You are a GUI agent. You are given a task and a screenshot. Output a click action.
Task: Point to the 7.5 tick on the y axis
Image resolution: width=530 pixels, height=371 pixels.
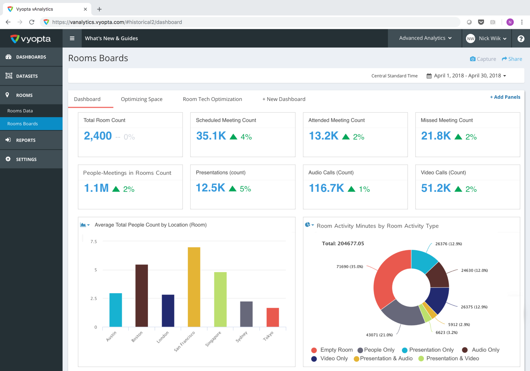coord(94,242)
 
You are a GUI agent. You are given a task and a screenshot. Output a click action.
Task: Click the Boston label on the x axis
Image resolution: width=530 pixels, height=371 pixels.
coord(137,337)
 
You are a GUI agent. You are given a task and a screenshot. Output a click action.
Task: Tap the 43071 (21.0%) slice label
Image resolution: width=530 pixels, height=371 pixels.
coord(379,335)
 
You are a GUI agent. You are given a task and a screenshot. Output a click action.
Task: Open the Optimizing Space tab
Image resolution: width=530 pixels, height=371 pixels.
coord(142,99)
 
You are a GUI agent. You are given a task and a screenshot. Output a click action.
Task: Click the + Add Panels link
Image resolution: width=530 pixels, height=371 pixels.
coord(505,97)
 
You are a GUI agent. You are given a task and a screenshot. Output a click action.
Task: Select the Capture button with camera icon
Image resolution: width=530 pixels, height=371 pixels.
coord(483,59)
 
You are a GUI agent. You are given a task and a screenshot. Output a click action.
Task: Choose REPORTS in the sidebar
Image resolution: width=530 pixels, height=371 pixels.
coord(26,140)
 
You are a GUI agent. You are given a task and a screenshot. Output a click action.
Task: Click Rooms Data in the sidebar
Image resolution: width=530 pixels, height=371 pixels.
coord(20,111)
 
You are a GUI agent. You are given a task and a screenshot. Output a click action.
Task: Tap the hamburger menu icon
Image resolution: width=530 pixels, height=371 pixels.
coord(72,38)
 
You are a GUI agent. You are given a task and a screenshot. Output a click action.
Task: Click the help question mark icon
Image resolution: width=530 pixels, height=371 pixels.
coord(521,39)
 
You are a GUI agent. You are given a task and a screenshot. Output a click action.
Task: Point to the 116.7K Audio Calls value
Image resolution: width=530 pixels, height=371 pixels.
coord(326,188)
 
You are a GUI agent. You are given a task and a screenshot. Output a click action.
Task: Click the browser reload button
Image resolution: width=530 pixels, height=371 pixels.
coord(32,22)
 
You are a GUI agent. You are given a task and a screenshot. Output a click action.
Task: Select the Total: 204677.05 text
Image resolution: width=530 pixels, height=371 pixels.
coord(343,244)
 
